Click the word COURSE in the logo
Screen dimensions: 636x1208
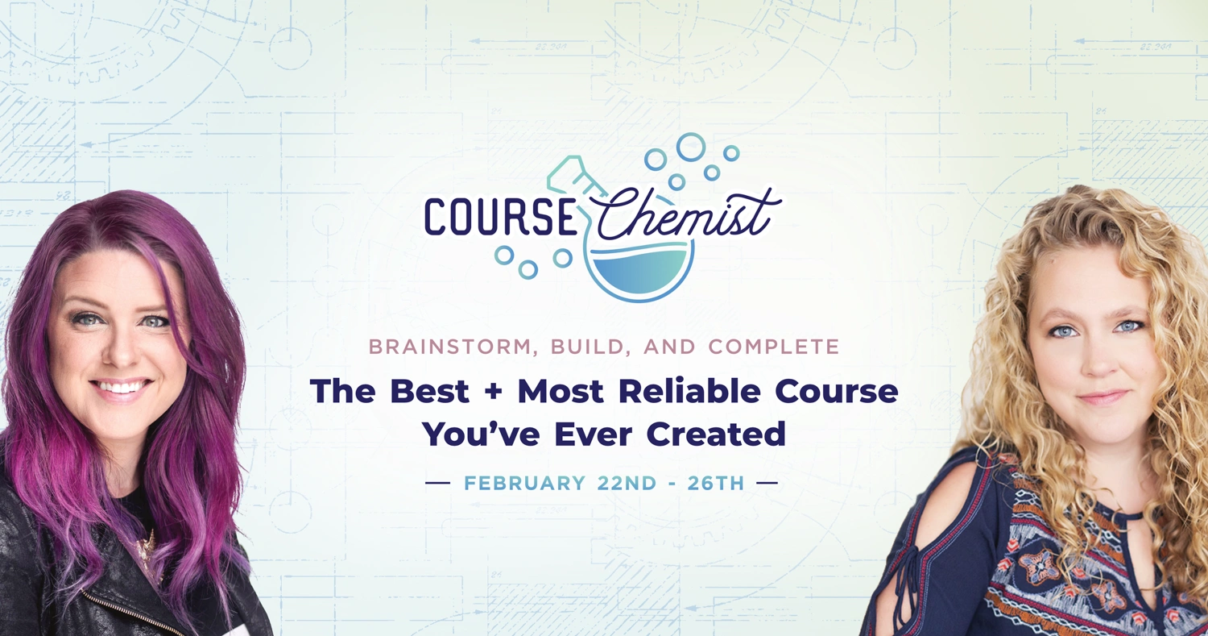point(499,217)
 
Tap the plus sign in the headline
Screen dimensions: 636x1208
point(493,393)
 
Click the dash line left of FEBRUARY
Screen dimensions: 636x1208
point(438,484)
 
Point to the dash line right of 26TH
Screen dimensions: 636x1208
point(767,484)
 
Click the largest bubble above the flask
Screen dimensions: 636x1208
point(691,147)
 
